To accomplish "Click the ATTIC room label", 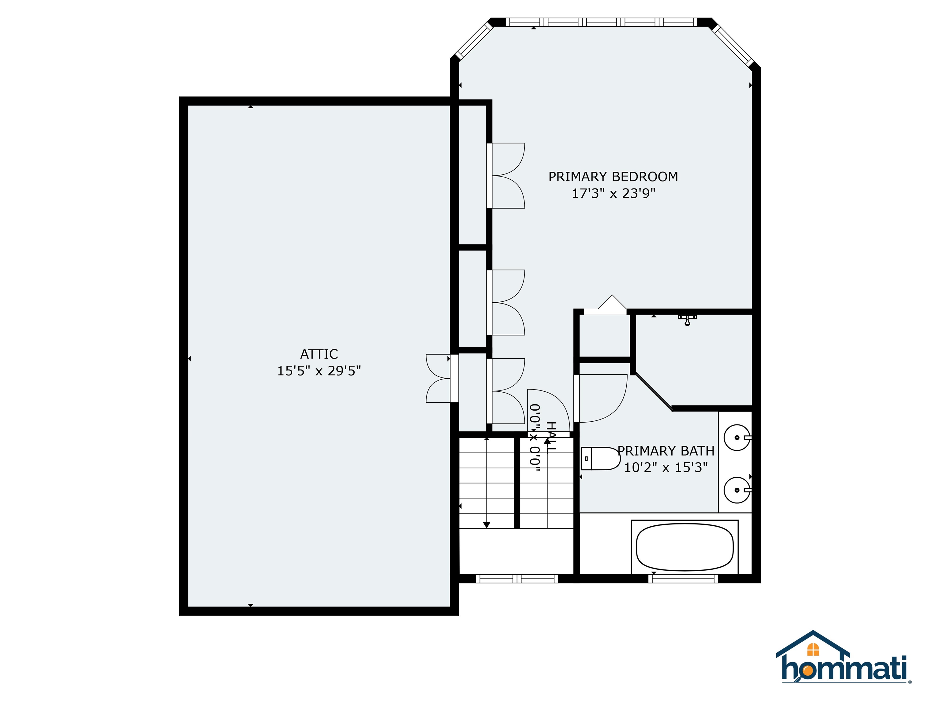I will (319, 354).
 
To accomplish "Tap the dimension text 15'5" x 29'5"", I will (319, 371).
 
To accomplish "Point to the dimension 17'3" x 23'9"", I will (613, 194).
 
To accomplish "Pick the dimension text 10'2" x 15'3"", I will (666, 468).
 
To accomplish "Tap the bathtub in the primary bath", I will (684, 547).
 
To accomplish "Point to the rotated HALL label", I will (551, 437).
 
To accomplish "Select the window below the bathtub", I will (683, 578).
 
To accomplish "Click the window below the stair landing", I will (517, 578).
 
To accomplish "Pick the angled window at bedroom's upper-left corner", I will (474, 40).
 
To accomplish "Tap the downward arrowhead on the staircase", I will (487, 525).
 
